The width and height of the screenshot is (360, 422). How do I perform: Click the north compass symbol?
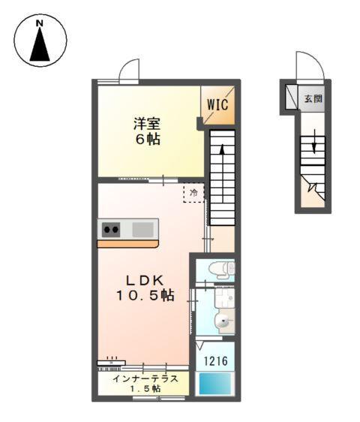tap(40, 41)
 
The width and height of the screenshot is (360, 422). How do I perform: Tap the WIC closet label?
tap(217, 104)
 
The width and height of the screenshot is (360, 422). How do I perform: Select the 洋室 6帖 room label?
tap(147, 131)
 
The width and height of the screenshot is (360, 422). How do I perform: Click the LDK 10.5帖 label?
tap(145, 286)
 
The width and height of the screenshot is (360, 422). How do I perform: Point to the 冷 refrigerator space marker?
tap(193, 193)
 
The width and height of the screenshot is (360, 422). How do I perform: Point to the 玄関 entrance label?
tap(313, 98)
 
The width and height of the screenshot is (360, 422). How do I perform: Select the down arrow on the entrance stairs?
tap(313, 142)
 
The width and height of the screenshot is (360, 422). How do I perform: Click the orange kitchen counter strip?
tap(127, 244)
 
